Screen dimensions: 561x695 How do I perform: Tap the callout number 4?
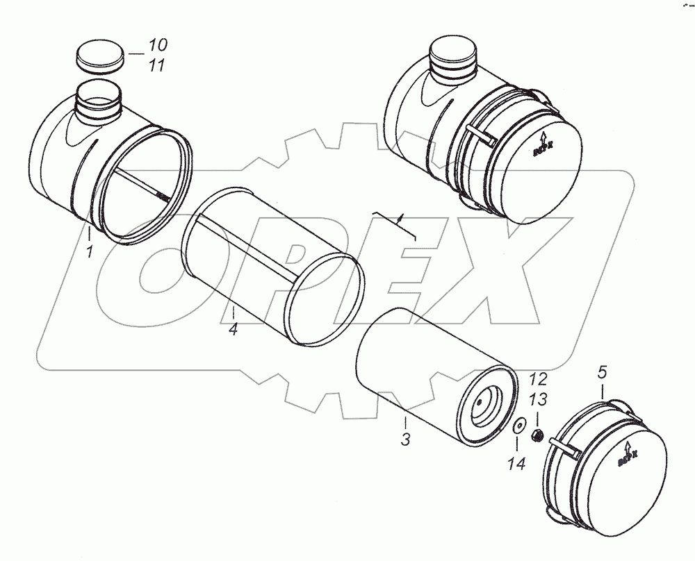tap(234, 329)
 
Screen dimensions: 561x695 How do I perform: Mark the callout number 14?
tap(516, 462)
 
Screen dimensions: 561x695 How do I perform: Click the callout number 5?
tap(602, 374)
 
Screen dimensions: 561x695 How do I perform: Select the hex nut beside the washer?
tap(537, 437)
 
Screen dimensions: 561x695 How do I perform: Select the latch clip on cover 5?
tap(564, 446)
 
